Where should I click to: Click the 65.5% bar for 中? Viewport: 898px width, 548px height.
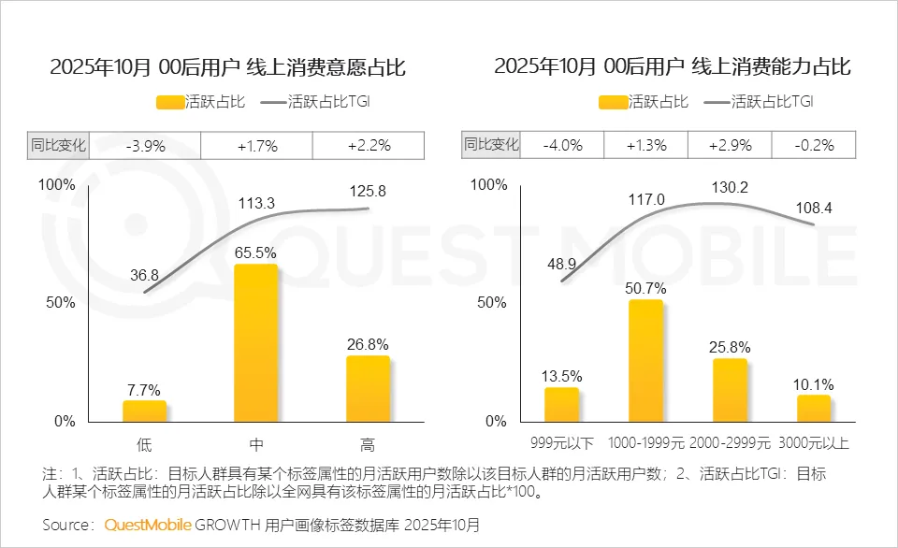pyautogui.click(x=255, y=343)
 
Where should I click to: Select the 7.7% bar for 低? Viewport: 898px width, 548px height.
pyautogui.click(x=145, y=411)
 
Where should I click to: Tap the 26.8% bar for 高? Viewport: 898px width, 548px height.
pyautogui.click(x=368, y=388)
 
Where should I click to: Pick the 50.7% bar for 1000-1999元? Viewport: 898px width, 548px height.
pyautogui.click(x=645, y=360)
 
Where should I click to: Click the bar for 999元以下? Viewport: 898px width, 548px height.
pyautogui.click(x=561, y=404)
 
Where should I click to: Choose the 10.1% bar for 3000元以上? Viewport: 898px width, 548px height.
pyautogui.click(x=814, y=408)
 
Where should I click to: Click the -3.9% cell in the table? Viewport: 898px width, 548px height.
pyautogui.click(x=145, y=145)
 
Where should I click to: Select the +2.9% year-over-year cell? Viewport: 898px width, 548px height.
pyautogui.click(x=730, y=145)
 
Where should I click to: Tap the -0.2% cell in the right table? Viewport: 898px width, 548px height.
pyautogui.click(x=814, y=145)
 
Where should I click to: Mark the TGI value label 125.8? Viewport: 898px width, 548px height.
pyautogui.click(x=367, y=191)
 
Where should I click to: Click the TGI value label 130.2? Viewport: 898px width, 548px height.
pyautogui.click(x=730, y=188)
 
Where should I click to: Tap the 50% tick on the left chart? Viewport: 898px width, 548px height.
pyautogui.click(x=58, y=303)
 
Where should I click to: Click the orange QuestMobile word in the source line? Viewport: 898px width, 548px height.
pyautogui.click(x=148, y=525)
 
